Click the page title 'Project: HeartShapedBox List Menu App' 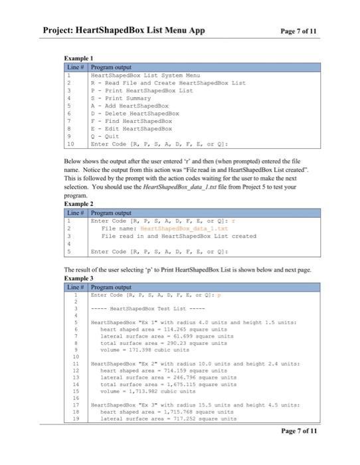[x=124, y=31]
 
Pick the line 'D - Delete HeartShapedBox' [x=135, y=114]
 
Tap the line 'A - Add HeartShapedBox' [x=130, y=106]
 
